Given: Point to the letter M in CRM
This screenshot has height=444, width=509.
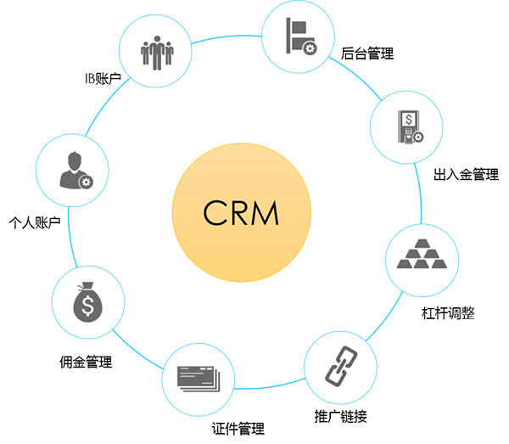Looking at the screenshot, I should coord(266,211).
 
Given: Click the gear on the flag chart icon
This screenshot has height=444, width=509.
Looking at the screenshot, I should coord(310,48).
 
